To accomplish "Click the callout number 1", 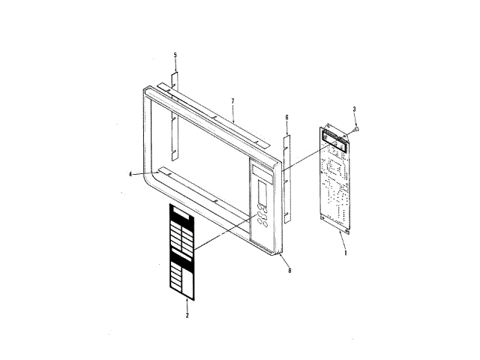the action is tap(345, 253).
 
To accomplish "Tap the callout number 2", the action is tap(187, 316).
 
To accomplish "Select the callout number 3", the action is tap(355, 110).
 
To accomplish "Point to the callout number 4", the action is tap(130, 174).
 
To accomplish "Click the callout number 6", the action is tap(286, 118).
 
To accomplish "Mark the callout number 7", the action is tap(233, 101).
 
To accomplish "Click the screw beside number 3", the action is tap(355, 128).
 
